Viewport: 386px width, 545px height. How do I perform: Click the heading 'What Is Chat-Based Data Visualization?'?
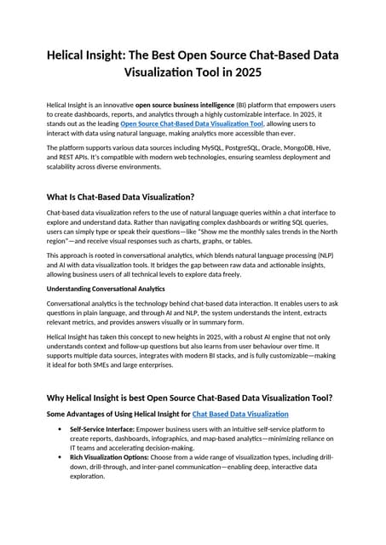(x=120, y=197)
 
